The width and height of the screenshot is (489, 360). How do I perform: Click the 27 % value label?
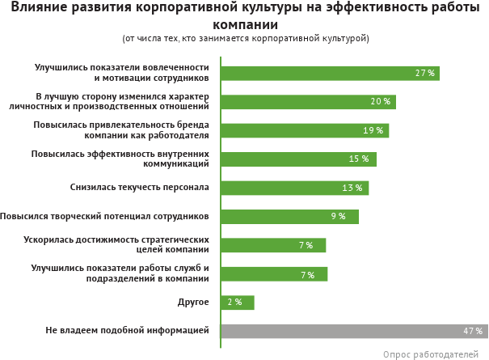click(425, 73)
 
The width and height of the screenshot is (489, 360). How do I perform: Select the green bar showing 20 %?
click(307, 102)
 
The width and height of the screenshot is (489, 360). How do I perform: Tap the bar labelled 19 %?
click(304, 130)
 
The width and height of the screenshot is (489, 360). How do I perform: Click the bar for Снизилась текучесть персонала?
click(294, 188)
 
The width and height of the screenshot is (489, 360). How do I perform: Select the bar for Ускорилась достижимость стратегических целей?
click(273, 245)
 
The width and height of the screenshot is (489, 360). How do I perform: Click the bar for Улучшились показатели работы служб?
click(274, 273)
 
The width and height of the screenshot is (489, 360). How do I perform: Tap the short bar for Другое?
click(238, 303)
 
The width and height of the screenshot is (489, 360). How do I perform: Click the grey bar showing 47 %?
click(354, 331)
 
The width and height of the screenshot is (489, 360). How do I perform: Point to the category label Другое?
click(193, 303)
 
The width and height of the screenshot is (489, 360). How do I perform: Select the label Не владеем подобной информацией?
click(128, 331)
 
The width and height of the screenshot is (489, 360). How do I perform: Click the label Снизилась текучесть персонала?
click(140, 188)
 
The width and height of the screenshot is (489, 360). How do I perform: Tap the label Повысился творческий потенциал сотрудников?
click(105, 216)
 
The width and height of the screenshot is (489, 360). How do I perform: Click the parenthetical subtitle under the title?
click(246, 38)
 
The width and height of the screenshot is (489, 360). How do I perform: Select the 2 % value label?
click(234, 303)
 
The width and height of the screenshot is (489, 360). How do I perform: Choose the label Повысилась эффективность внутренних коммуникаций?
click(120, 159)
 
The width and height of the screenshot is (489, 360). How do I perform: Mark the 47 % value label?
click(473, 331)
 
